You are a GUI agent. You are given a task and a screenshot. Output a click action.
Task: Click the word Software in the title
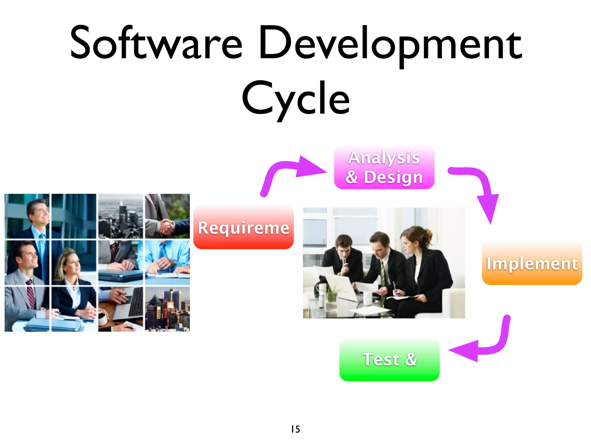156,43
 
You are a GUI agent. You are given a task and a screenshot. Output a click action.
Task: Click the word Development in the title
390,45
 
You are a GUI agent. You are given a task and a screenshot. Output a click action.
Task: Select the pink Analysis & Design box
384,168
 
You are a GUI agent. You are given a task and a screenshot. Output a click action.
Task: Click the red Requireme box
243,228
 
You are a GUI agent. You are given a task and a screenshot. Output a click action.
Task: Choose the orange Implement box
532,264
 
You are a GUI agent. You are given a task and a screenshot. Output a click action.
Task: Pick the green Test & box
389,360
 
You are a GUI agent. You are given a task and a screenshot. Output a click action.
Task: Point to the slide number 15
295,429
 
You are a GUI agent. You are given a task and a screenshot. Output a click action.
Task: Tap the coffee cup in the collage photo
102,319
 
